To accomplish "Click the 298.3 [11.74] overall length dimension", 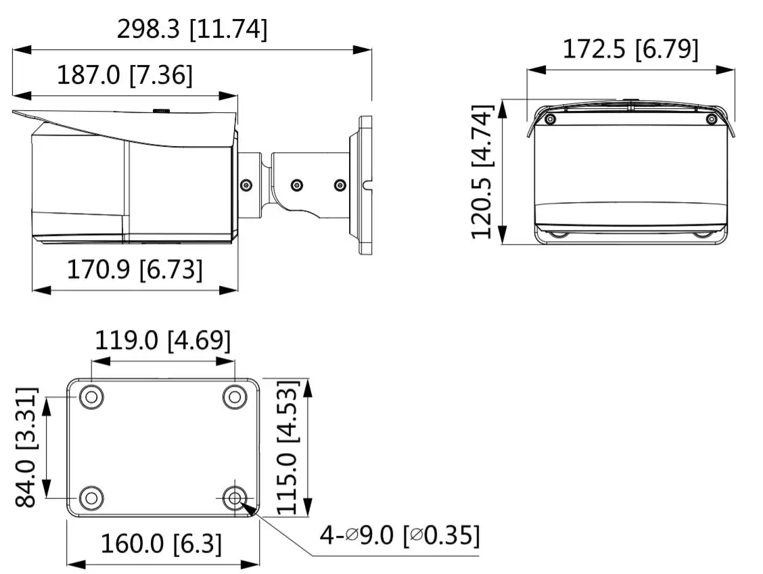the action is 192,30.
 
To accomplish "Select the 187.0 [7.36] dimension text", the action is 124,75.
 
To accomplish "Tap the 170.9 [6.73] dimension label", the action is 135,270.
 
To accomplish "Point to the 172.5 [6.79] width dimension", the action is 630,49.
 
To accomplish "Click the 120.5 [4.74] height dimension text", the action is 482,171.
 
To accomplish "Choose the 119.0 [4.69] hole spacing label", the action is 162,340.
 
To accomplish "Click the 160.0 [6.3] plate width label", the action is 161,544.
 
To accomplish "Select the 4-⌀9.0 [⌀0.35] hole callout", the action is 400,535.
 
